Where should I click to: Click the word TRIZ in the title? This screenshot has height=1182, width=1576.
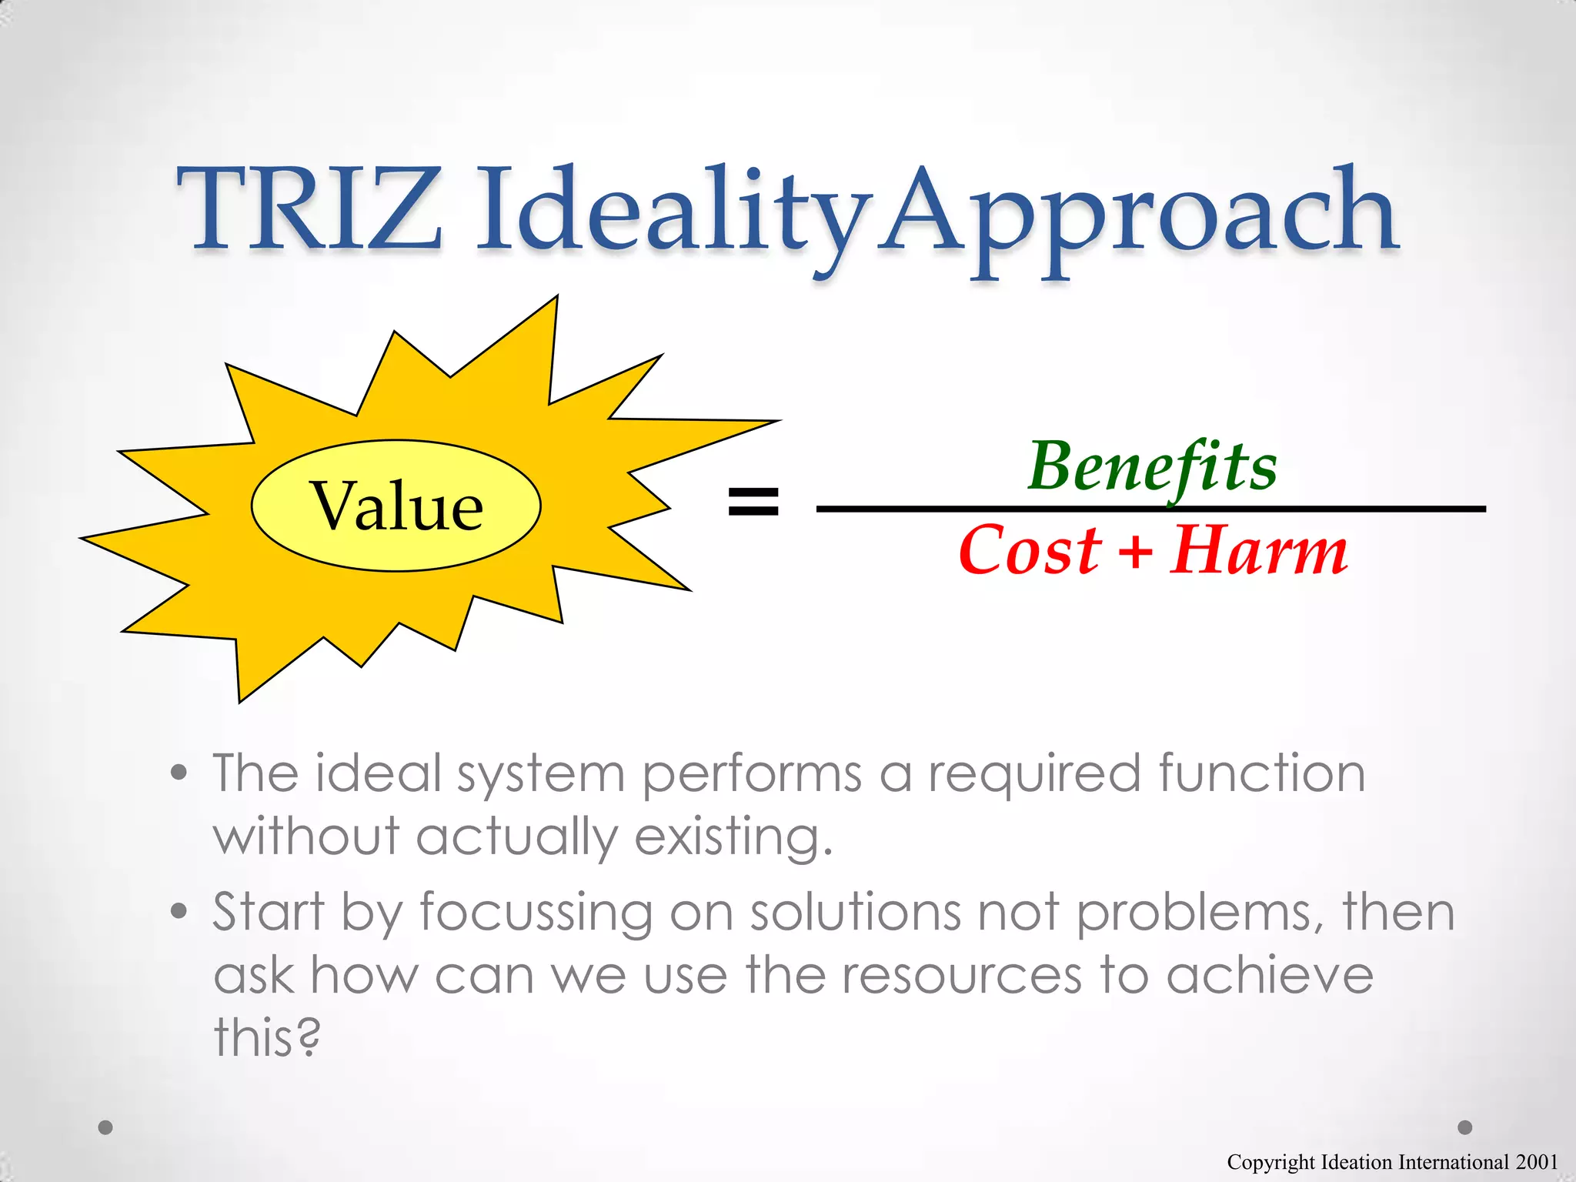coord(309,209)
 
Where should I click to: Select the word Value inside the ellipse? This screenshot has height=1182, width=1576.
coord(396,506)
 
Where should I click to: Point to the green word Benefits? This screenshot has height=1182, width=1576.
coord(1152,467)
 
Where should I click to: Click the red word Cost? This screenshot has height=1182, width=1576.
coord(1030,551)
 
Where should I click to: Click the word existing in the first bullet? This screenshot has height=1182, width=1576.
coord(733,836)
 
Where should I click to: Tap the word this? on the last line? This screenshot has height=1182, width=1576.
coord(266,1037)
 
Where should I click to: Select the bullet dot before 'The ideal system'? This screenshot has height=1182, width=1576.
coord(179,773)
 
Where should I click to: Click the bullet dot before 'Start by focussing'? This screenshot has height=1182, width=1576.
coord(179,912)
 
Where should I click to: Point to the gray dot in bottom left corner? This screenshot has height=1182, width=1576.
coord(106,1127)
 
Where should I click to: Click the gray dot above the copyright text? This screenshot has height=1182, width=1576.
coord(1465,1127)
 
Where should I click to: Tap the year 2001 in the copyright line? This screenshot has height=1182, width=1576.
coord(1537,1162)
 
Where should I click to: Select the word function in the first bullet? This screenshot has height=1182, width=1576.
coord(1262,773)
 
